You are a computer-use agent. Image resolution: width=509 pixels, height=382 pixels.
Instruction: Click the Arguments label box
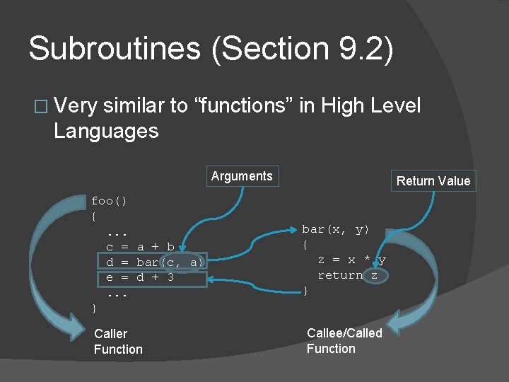pos(242,176)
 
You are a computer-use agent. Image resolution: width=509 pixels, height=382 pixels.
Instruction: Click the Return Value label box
pos(433,181)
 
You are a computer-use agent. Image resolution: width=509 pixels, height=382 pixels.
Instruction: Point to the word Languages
pos(106,130)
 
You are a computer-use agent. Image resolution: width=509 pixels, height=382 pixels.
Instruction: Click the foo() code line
pos(109,201)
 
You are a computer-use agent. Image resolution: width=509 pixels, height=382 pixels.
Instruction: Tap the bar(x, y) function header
pos(335,229)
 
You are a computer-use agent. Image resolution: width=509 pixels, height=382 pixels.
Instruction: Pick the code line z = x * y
pos(351,260)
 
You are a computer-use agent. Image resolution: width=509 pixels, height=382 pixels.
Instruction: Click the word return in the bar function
pos(340,275)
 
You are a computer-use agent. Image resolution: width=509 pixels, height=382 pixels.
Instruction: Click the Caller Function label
pos(118,341)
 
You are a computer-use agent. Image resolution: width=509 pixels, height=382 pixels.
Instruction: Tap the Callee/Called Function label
pos(344,340)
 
